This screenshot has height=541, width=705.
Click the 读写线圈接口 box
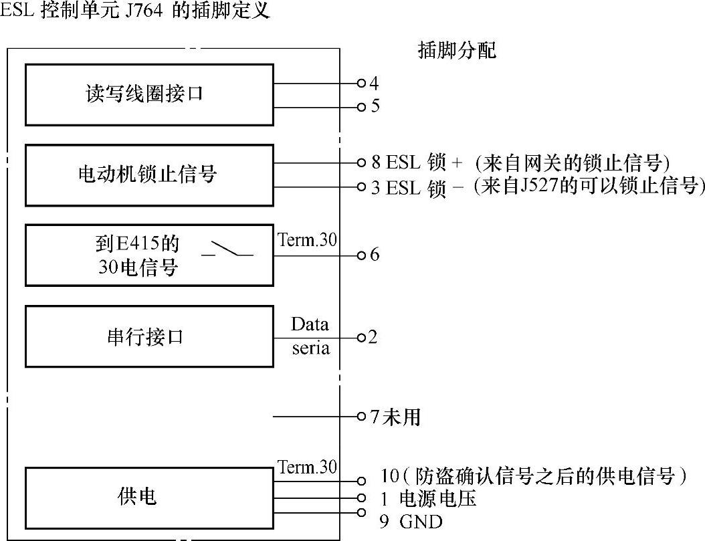tap(149, 94)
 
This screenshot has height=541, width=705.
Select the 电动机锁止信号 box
tap(149, 175)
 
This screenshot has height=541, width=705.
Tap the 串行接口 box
tap(149, 336)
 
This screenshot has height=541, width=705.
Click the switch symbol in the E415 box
tap(227, 251)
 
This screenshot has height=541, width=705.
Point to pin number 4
tap(374, 84)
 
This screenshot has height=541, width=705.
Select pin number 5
tap(375, 106)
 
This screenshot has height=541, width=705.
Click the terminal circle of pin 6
tap(362, 255)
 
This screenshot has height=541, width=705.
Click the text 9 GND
tap(411, 522)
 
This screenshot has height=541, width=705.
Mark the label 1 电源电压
tap(429, 499)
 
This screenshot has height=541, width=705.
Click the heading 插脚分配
tap(457, 51)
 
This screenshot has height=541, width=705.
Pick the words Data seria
tap(310, 336)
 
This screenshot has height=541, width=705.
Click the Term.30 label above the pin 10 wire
tap(307, 467)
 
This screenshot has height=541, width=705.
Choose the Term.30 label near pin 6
tap(307, 241)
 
